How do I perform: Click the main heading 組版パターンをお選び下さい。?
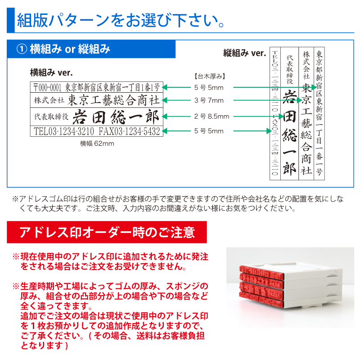(121, 20)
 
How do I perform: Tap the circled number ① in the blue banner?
(22, 49)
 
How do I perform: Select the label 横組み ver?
(51, 72)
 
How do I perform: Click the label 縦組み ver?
(244, 53)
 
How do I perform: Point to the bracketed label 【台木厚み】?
(210, 76)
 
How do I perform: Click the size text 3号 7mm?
(209, 100)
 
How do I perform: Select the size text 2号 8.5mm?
(211, 117)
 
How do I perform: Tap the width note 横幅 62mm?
(97, 144)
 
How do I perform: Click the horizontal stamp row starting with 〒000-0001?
(97, 87)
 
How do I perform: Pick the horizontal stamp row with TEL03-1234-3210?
(97, 131)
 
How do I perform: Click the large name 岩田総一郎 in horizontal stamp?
(116, 117)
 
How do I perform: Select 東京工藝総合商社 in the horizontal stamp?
(113, 100)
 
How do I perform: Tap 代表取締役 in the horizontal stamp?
(51, 117)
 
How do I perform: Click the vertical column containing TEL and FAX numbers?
(275, 114)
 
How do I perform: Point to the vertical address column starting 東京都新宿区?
(319, 114)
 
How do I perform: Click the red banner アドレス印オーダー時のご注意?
(107, 232)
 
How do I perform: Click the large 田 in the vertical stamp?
(289, 117)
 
